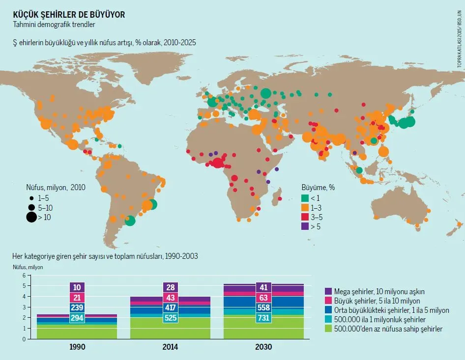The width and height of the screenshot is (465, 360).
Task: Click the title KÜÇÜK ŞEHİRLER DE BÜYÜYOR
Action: pos(68,15)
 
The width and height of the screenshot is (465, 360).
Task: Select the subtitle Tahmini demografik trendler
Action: pos(54,24)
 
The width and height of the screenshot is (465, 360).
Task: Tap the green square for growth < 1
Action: pos(305,198)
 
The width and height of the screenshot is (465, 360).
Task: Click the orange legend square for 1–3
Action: pos(305,207)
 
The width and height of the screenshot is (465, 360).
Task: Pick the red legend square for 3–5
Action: pos(305,217)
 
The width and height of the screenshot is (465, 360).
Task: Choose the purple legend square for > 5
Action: pos(305,226)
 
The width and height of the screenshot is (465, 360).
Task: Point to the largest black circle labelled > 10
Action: pos(31,217)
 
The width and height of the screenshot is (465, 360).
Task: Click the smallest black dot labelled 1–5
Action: pos(31,198)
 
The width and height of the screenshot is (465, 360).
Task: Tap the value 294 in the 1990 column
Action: pos(78,318)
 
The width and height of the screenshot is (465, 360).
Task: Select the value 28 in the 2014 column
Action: pos(171,287)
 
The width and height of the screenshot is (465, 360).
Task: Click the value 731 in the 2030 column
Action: pos(264,318)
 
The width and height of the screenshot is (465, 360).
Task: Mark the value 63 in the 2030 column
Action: pos(264,298)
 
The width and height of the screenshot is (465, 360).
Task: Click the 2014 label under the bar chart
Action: pos(171,347)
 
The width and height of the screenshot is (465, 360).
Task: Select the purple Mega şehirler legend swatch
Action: pos(329,291)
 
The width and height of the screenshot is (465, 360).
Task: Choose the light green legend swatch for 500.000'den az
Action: pos(329,329)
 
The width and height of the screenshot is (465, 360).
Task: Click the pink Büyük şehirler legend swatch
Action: pos(329,301)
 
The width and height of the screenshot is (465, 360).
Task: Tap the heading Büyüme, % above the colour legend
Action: pos(318,187)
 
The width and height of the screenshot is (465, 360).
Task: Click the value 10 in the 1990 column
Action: pos(78,287)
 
